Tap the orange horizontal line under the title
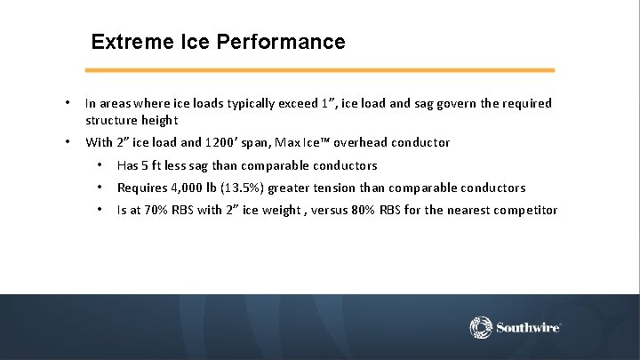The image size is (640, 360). coord(320,70)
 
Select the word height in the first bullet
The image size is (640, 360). coord(160,120)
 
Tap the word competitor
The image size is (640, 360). coord(521,211)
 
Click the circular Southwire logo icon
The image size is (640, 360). coord(481,327)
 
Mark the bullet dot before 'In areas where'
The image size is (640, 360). coord(68,104)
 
